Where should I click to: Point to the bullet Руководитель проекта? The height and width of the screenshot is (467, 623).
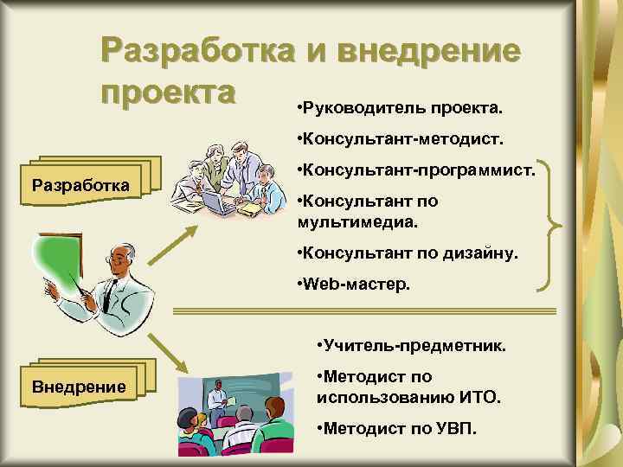pyautogui.click(x=397, y=110)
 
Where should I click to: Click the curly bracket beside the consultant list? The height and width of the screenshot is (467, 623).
pyautogui.click(x=555, y=227)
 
